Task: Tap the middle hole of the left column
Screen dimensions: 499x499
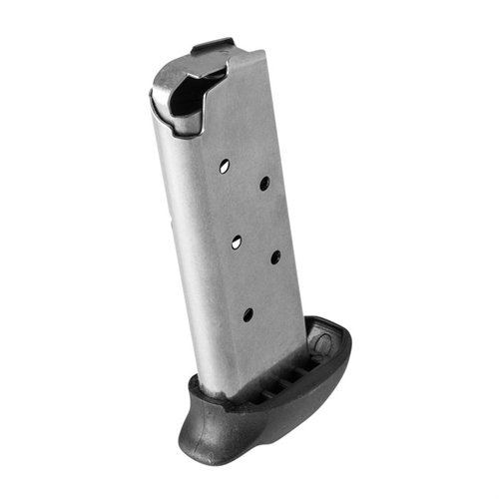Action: click(x=239, y=238)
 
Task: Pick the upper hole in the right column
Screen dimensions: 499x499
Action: click(x=264, y=183)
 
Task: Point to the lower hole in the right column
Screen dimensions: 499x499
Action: click(x=274, y=257)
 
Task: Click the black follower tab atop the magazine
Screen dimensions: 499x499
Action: click(x=213, y=47)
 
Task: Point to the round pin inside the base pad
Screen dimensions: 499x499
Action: click(x=322, y=345)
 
